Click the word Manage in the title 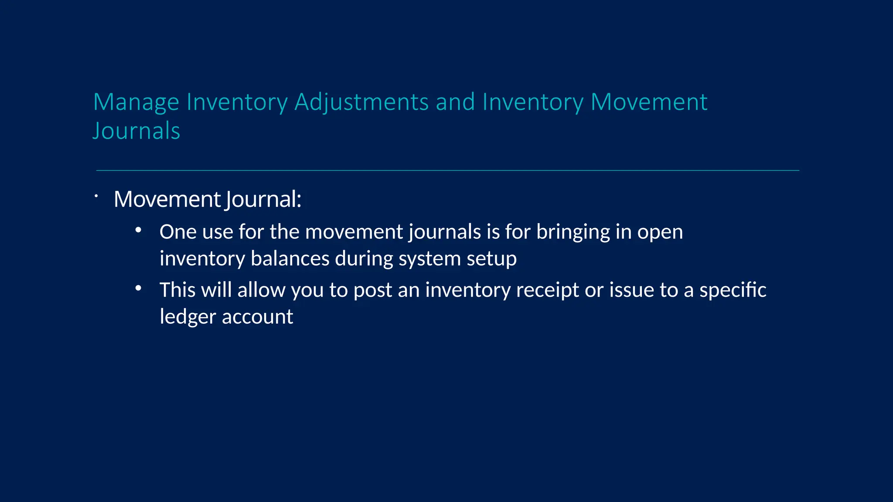pyautogui.click(x=136, y=103)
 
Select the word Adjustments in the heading pyautogui.click(x=361, y=103)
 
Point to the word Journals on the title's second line pyautogui.click(x=136, y=131)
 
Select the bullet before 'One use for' pyautogui.click(x=138, y=230)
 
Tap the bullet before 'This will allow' pyautogui.click(x=138, y=288)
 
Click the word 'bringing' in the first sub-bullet pyautogui.click(x=573, y=232)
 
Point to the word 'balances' pyautogui.click(x=290, y=258)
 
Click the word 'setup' pyautogui.click(x=492, y=259)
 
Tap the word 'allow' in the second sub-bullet pyautogui.click(x=261, y=290)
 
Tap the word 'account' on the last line pyautogui.click(x=257, y=317)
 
